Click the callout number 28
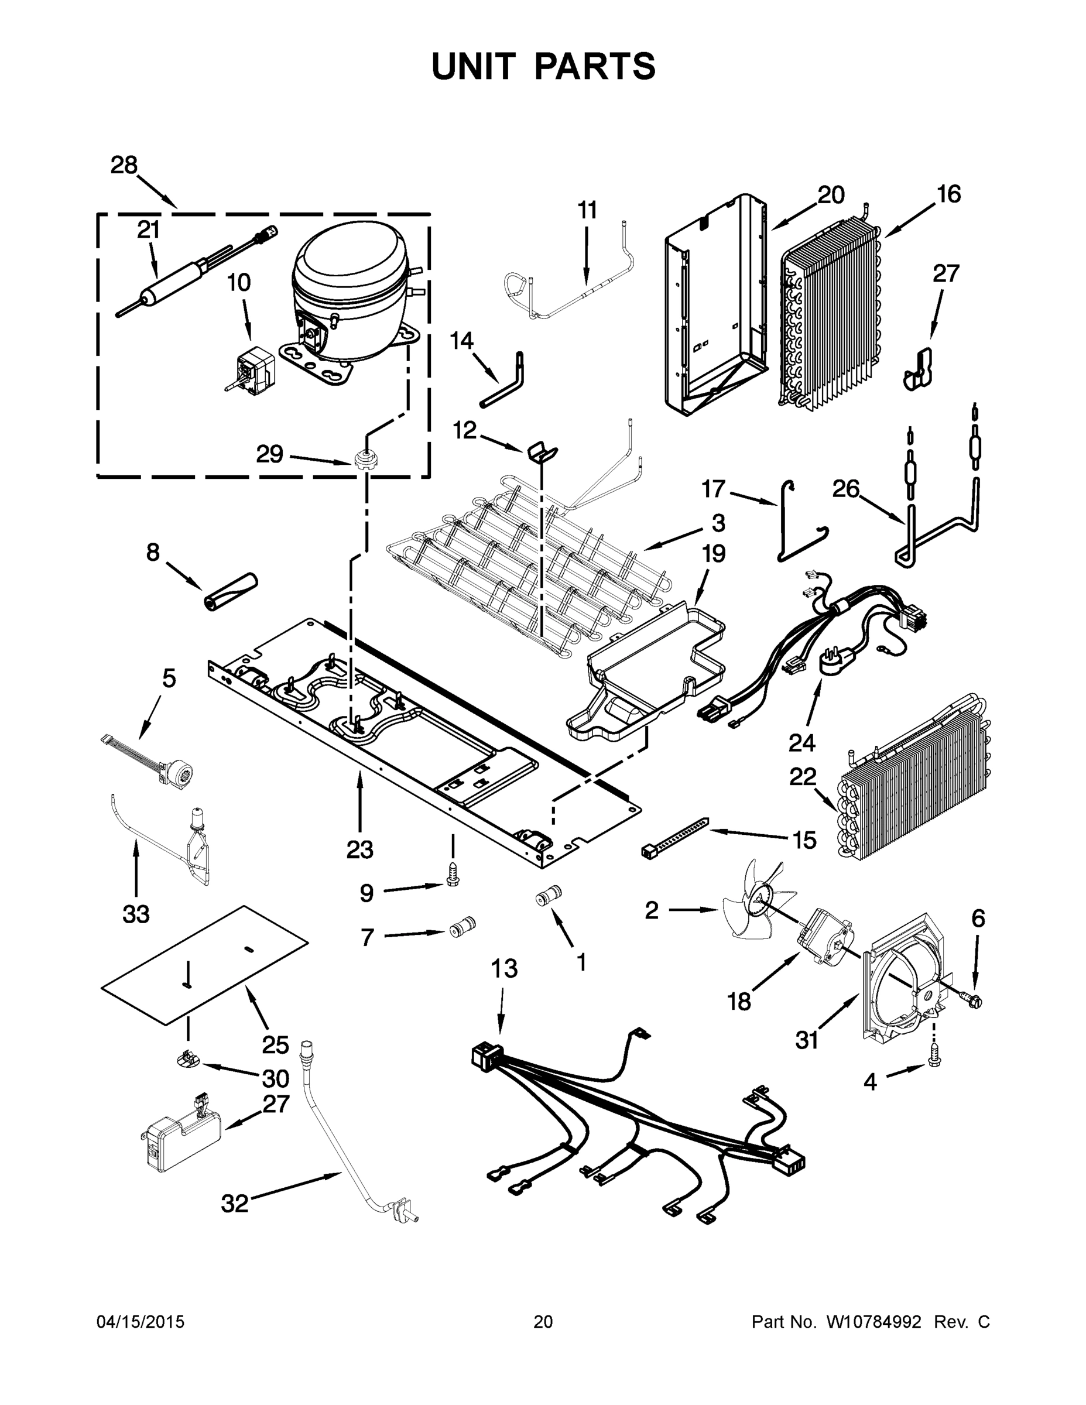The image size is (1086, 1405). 124,165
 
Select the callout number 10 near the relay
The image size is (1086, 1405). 239,282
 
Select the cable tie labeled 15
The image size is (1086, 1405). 676,837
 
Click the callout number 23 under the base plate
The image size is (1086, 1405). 359,850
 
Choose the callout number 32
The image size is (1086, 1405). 234,1204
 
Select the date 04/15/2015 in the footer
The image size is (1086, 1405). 141,1322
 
